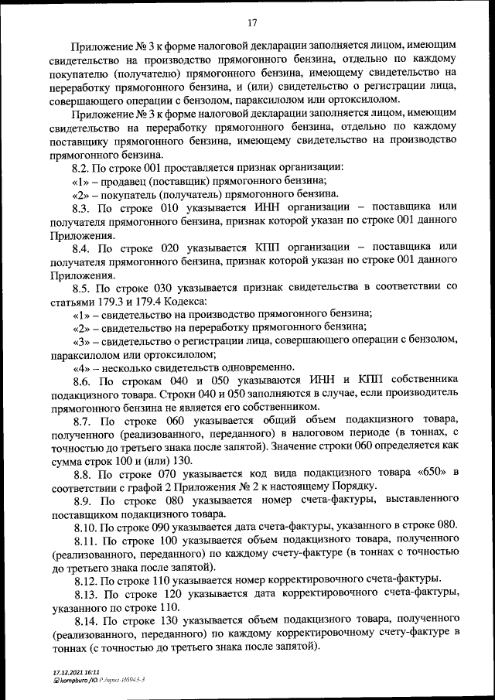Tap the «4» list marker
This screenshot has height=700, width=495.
82,367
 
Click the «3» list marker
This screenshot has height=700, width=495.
82,340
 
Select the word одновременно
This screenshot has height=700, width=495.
256,367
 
